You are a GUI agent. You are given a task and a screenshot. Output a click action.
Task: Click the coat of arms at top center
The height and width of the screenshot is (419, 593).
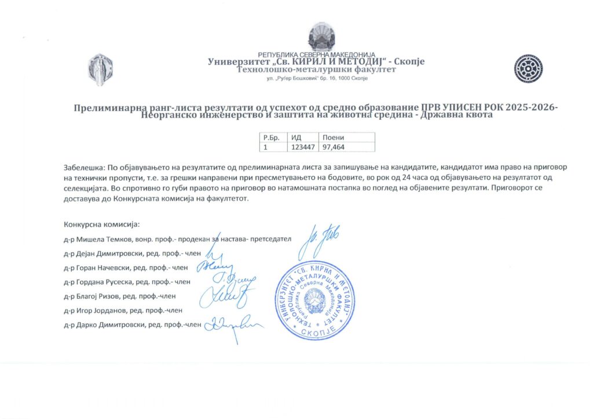pyautogui.click(x=317, y=38)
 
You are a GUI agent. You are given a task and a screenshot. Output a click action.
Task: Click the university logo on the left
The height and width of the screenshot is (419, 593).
pyautogui.click(x=100, y=68)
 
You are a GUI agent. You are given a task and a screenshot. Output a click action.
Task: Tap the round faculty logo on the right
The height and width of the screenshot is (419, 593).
pyautogui.click(x=528, y=68)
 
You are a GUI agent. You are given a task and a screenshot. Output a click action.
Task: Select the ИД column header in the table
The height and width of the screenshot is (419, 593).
pyautogui.click(x=296, y=138)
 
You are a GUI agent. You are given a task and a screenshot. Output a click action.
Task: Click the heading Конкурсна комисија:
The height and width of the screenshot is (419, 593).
pyautogui.click(x=102, y=224)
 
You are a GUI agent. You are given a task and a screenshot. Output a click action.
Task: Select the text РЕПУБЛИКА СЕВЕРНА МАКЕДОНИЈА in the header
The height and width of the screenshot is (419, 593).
pyautogui.click(x=317, y=54)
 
